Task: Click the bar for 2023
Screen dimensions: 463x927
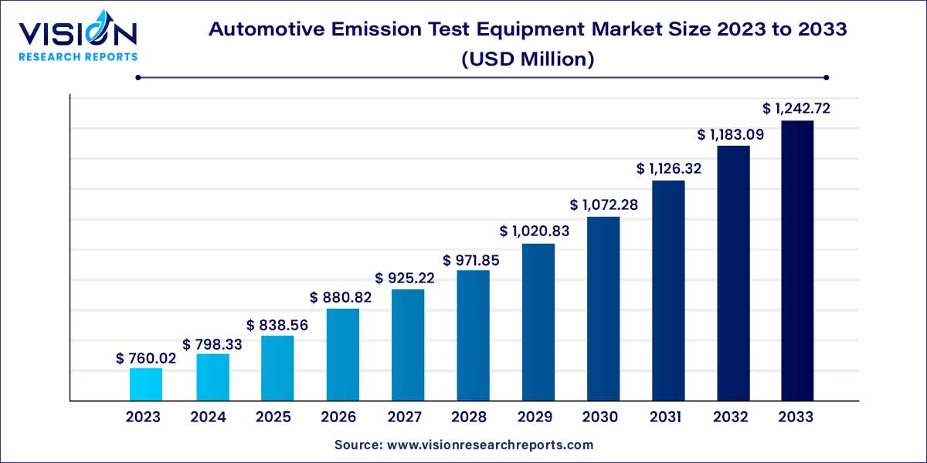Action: click(146, 384)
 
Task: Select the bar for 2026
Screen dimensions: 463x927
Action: click(342, 354)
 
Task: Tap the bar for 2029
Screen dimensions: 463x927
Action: click(538, 322)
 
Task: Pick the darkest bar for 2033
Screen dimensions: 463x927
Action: click(796, 260)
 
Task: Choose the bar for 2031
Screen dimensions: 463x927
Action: click(668, 290)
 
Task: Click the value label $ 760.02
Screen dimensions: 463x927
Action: click(146, 358)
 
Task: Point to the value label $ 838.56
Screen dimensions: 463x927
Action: click(277, 326)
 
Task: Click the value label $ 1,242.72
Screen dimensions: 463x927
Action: click(796, 109)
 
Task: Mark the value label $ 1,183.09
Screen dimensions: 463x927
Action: click(732, 135)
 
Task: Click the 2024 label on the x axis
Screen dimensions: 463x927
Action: click(208, 417)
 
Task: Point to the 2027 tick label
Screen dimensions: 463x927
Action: click(405, 417)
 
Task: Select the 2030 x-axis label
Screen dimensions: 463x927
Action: click(600, 417)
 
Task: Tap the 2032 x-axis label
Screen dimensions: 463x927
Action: click(731, 417)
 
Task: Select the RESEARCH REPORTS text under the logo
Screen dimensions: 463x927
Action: click(78, 56)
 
